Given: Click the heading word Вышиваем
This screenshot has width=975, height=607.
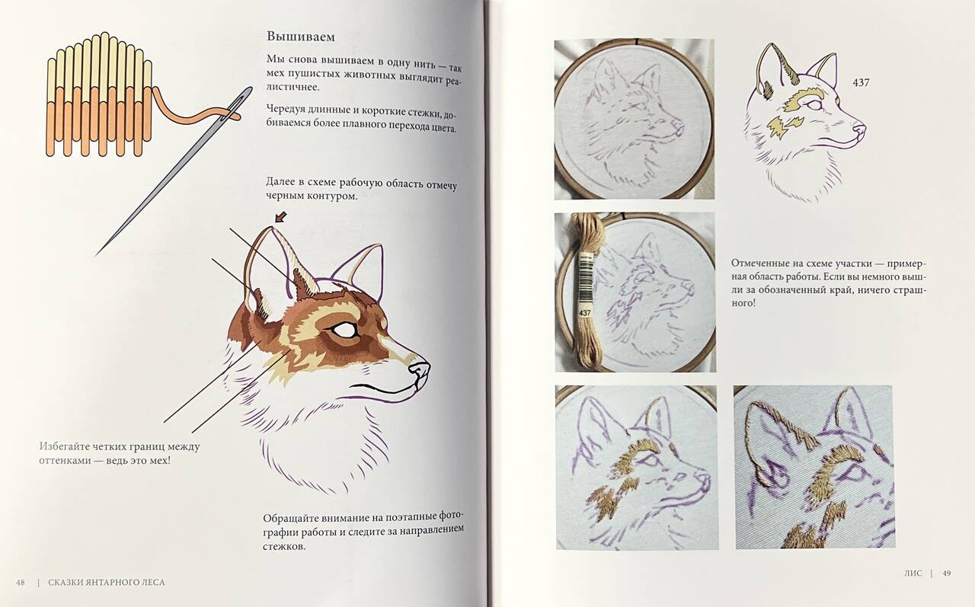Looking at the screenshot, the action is tap(301, 37).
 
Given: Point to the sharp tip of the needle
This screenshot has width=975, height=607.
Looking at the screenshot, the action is tap(96, 255).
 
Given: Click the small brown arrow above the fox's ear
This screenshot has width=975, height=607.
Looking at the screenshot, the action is tap(282, 216).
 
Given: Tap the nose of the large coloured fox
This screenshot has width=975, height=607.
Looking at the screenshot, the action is tap(419, 370).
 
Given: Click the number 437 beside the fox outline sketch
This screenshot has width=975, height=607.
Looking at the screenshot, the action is tap(861, 81).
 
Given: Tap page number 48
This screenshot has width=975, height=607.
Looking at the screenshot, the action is tap(20, 582).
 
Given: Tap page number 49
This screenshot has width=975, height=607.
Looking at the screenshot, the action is tap(946, 573).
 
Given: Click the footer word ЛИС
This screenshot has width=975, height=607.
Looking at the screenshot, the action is tap(913, 573).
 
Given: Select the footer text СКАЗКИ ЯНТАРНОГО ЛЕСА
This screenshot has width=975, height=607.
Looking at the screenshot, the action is tap(107, 582).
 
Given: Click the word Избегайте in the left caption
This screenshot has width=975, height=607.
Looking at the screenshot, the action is tap(63, 446).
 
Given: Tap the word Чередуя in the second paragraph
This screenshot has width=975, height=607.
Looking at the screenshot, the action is tap(284, 109).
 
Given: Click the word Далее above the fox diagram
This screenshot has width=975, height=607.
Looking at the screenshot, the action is tap(279, 181).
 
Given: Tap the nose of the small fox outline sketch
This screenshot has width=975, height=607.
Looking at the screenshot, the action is tap(858, 128).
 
